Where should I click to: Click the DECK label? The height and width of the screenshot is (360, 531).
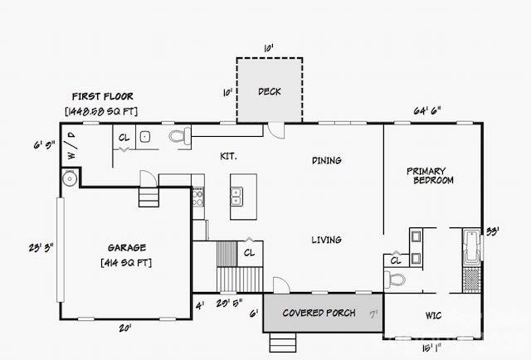pyautogui.click(x=270, y=91)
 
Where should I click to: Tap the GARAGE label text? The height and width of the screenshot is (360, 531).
pyautogui.click(x=126, y=247)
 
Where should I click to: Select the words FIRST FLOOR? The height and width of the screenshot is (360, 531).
pyautogui.click(x=102, y=96)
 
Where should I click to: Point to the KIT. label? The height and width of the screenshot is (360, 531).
pyautogui.click(x=229, y=155)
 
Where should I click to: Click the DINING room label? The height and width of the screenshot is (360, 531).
pyautogui.click(x=326, y=160)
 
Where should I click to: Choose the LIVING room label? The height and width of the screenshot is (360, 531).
pyautogui.click(x=326, y=240)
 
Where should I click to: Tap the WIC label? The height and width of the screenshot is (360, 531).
pyautogui.click(x=432, y=315)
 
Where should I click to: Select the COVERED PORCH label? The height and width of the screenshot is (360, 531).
pyautogui.click(x=319, y=313)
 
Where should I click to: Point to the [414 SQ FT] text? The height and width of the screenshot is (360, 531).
pyautogui.click(x=126, y=263)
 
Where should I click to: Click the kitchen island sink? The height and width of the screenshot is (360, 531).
pyautogui.click(x=236, y=196)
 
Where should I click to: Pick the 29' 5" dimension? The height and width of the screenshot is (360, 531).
pyautogui.click(x=227, y=303)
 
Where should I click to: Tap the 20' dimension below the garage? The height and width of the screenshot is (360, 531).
pyautogui.click(x=124, y=328)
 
